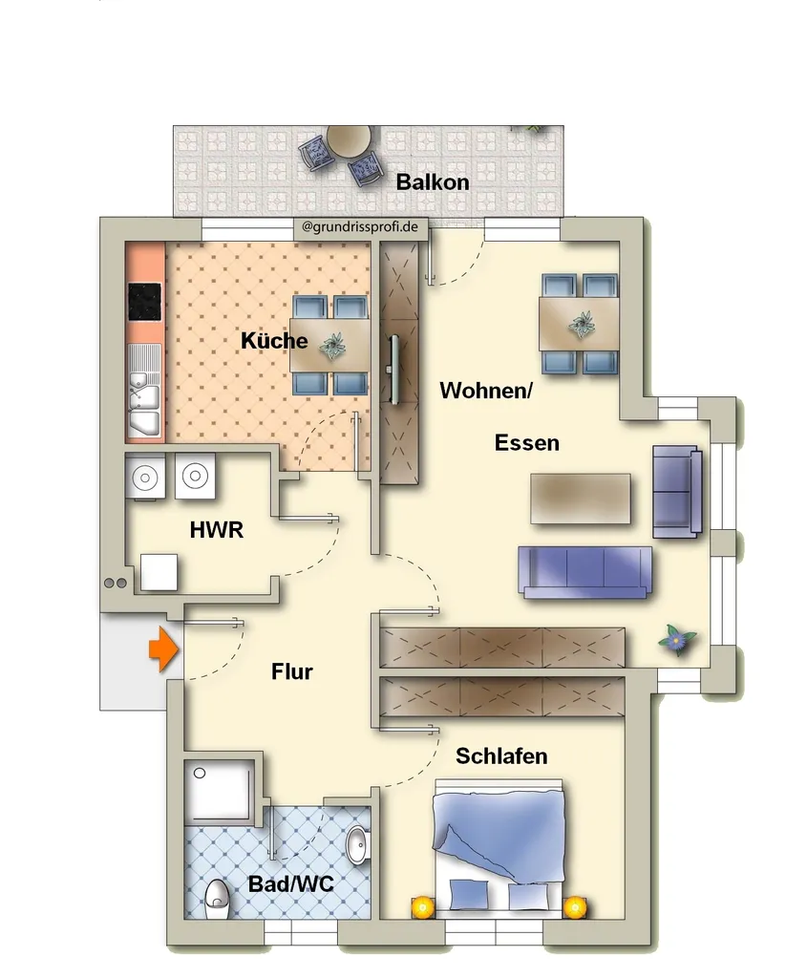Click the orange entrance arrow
[163, 649]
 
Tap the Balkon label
[433, 182]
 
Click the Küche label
[274, 341]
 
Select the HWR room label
[217, 530]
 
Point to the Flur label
[292, 671]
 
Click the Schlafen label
[501, 756]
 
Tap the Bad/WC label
[290, 883]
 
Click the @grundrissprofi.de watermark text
[360, 226]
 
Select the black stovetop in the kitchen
[145, 302]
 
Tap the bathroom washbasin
[357, 846]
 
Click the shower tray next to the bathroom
[220, 791]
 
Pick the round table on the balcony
[349, 143]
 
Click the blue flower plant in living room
[677, 639]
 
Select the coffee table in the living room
[580, 498]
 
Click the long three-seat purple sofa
[584, 572]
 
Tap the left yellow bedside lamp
[422, 907]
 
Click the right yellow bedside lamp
[575, 907]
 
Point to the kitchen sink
[144, 392]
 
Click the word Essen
[526, 443]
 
